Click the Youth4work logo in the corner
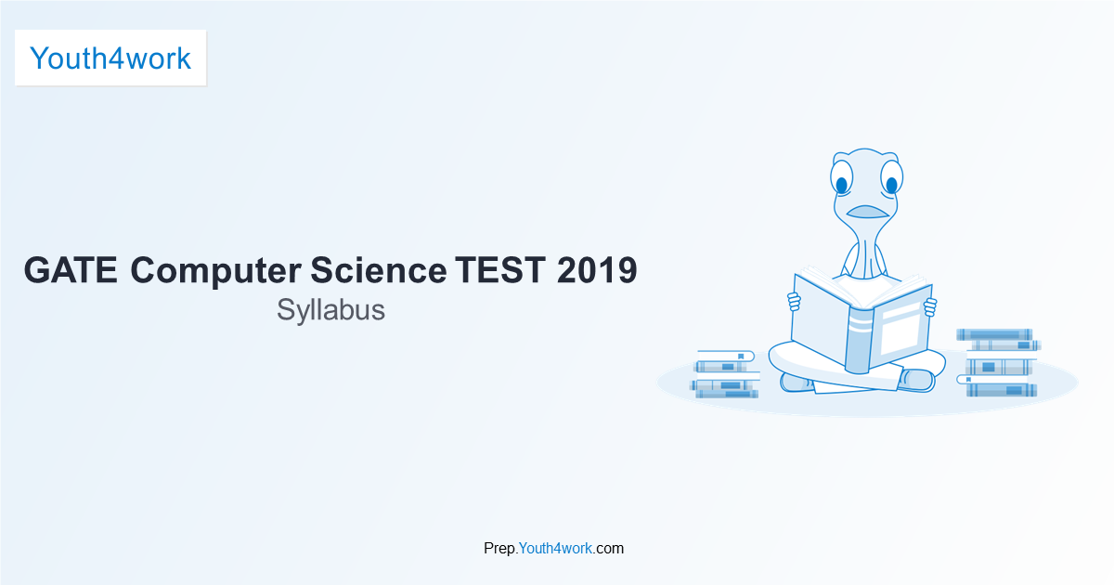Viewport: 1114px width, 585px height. [x=110, y=58]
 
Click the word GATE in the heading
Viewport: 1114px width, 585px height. [x=71, y=270]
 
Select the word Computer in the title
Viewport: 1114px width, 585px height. [x=215, y=270]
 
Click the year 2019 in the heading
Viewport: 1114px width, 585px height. [x=597, y=270]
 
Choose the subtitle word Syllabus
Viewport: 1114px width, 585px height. [x=330, y=310]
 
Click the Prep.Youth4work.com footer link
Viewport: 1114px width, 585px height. [x=553, y=548]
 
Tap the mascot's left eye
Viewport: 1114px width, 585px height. [x=842, y=182]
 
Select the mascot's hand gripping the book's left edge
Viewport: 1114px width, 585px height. [x=794, y=302]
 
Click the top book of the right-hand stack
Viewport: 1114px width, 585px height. [x=994, y=333]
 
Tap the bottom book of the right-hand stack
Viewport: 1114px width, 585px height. [x=1001, y=390]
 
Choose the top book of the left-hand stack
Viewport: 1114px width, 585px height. [x=726, y=355]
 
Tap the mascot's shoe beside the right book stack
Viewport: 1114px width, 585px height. [x=919, y=380]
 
